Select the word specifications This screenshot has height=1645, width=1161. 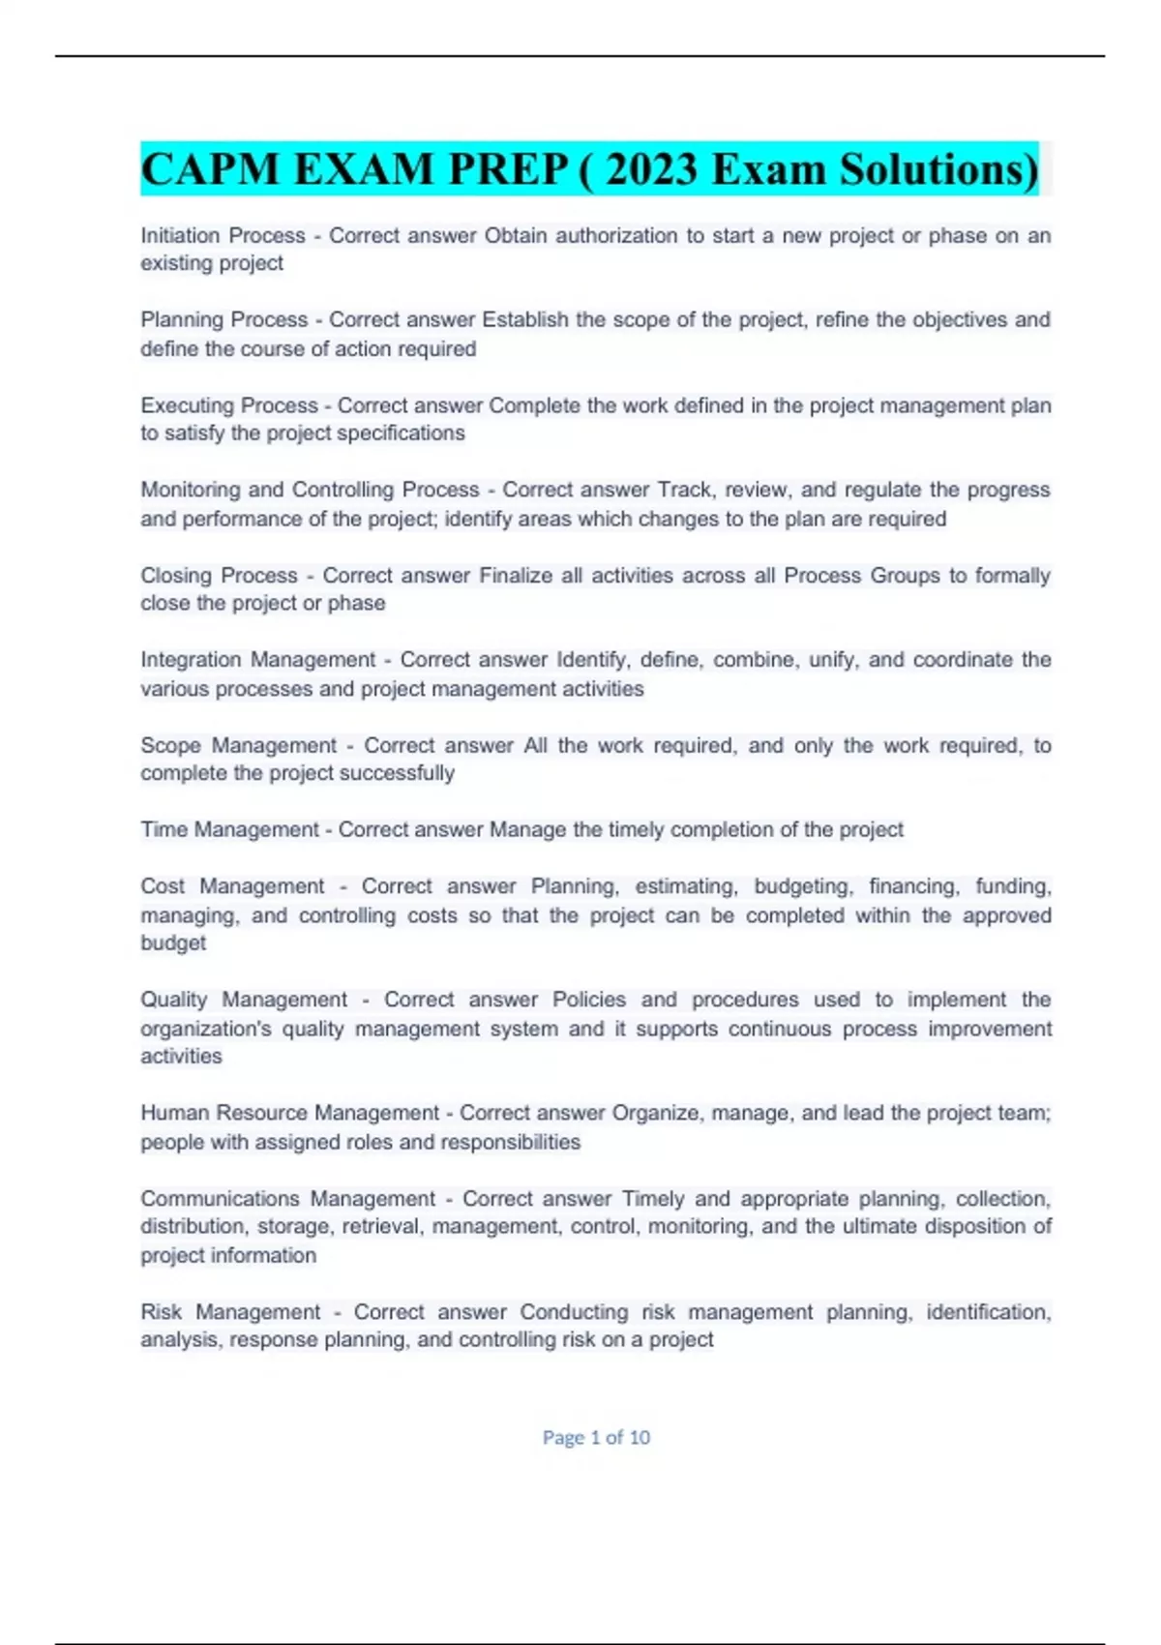click(x=399, y=434)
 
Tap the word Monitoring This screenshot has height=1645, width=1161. click(x=190, y=490)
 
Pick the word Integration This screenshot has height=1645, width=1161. click(x=190, y=660)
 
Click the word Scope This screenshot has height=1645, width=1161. click(x=169, y=745)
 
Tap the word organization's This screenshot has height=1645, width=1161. click(x=206, y=1029)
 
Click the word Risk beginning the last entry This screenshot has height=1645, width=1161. click(x=161, y=1312)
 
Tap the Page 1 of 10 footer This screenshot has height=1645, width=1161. click(x=596, y=1438)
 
